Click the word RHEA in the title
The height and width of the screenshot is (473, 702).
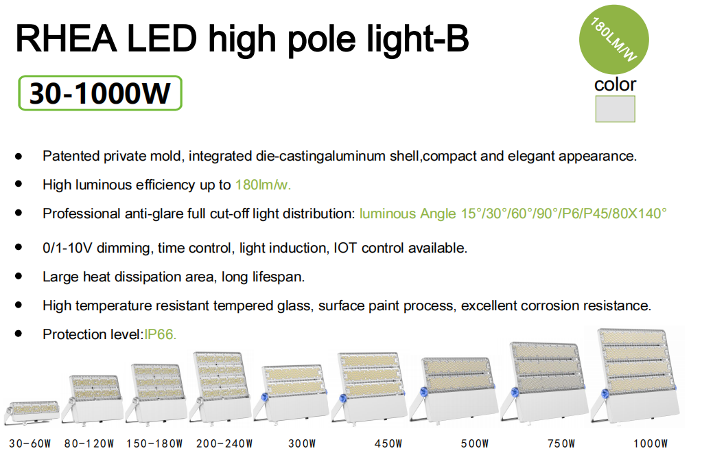click(x=67, y=38)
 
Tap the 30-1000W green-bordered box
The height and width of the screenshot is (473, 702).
click(x=100, y=93)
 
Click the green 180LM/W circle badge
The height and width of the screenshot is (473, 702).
click(x=613, y=39)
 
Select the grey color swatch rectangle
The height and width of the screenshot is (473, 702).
click(x=615, y=109)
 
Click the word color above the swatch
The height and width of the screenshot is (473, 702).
click(x=615, y=84)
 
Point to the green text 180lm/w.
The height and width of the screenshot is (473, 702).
click(x=263, y=185)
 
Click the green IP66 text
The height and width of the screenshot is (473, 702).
click(x=161, y=334)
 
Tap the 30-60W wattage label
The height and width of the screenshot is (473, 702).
click(x=30, y=443)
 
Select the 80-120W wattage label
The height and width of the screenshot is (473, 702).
click(x=89, y=443)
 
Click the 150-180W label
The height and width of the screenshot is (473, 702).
click(x=154, y=443)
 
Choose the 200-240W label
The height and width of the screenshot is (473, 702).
click(x=224, y=443)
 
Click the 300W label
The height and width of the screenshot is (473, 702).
click(x=302, y=443)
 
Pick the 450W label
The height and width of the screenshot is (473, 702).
click(x=388, y=443)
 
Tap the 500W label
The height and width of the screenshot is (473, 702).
click(x=475, y=443)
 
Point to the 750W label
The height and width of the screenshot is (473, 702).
click(x=561, y=443)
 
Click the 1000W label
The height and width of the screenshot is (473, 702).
click(x=651, y=443)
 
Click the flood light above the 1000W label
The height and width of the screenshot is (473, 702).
click(x=635, y=376)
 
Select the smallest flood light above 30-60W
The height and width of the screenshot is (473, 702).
click(x=32, y=413)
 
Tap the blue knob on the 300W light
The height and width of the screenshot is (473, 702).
click(x=264, y=396)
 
